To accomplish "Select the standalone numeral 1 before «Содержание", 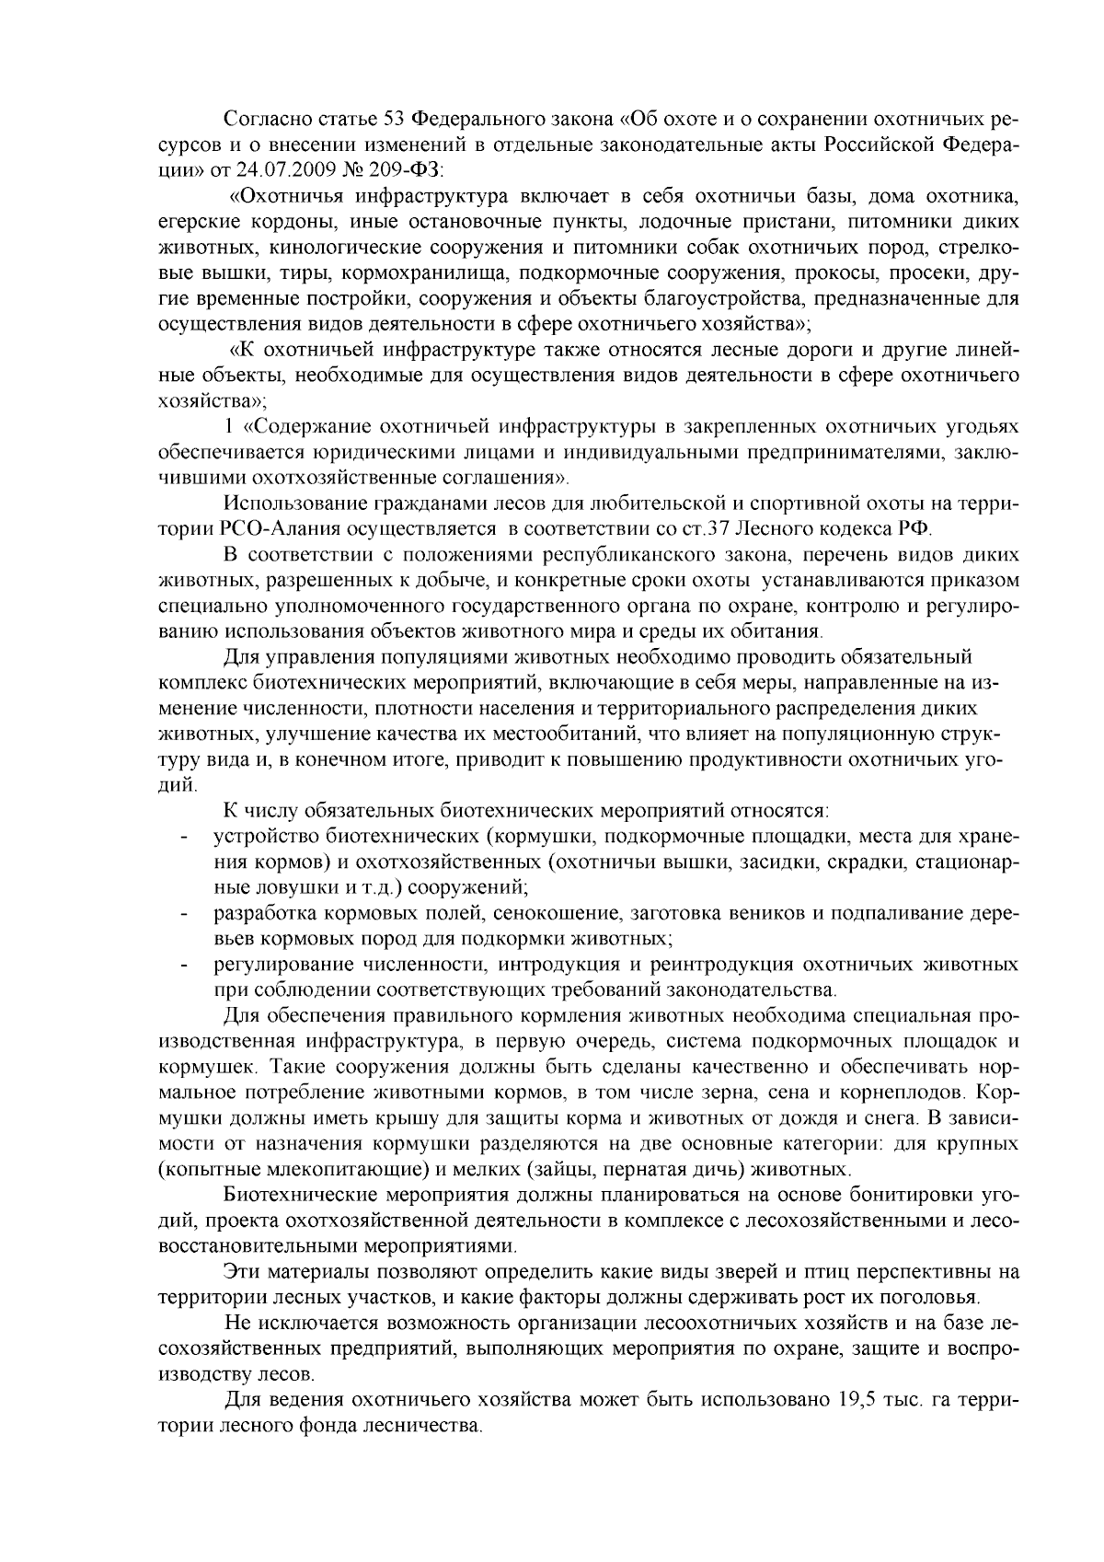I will click(x=229, y=427).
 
